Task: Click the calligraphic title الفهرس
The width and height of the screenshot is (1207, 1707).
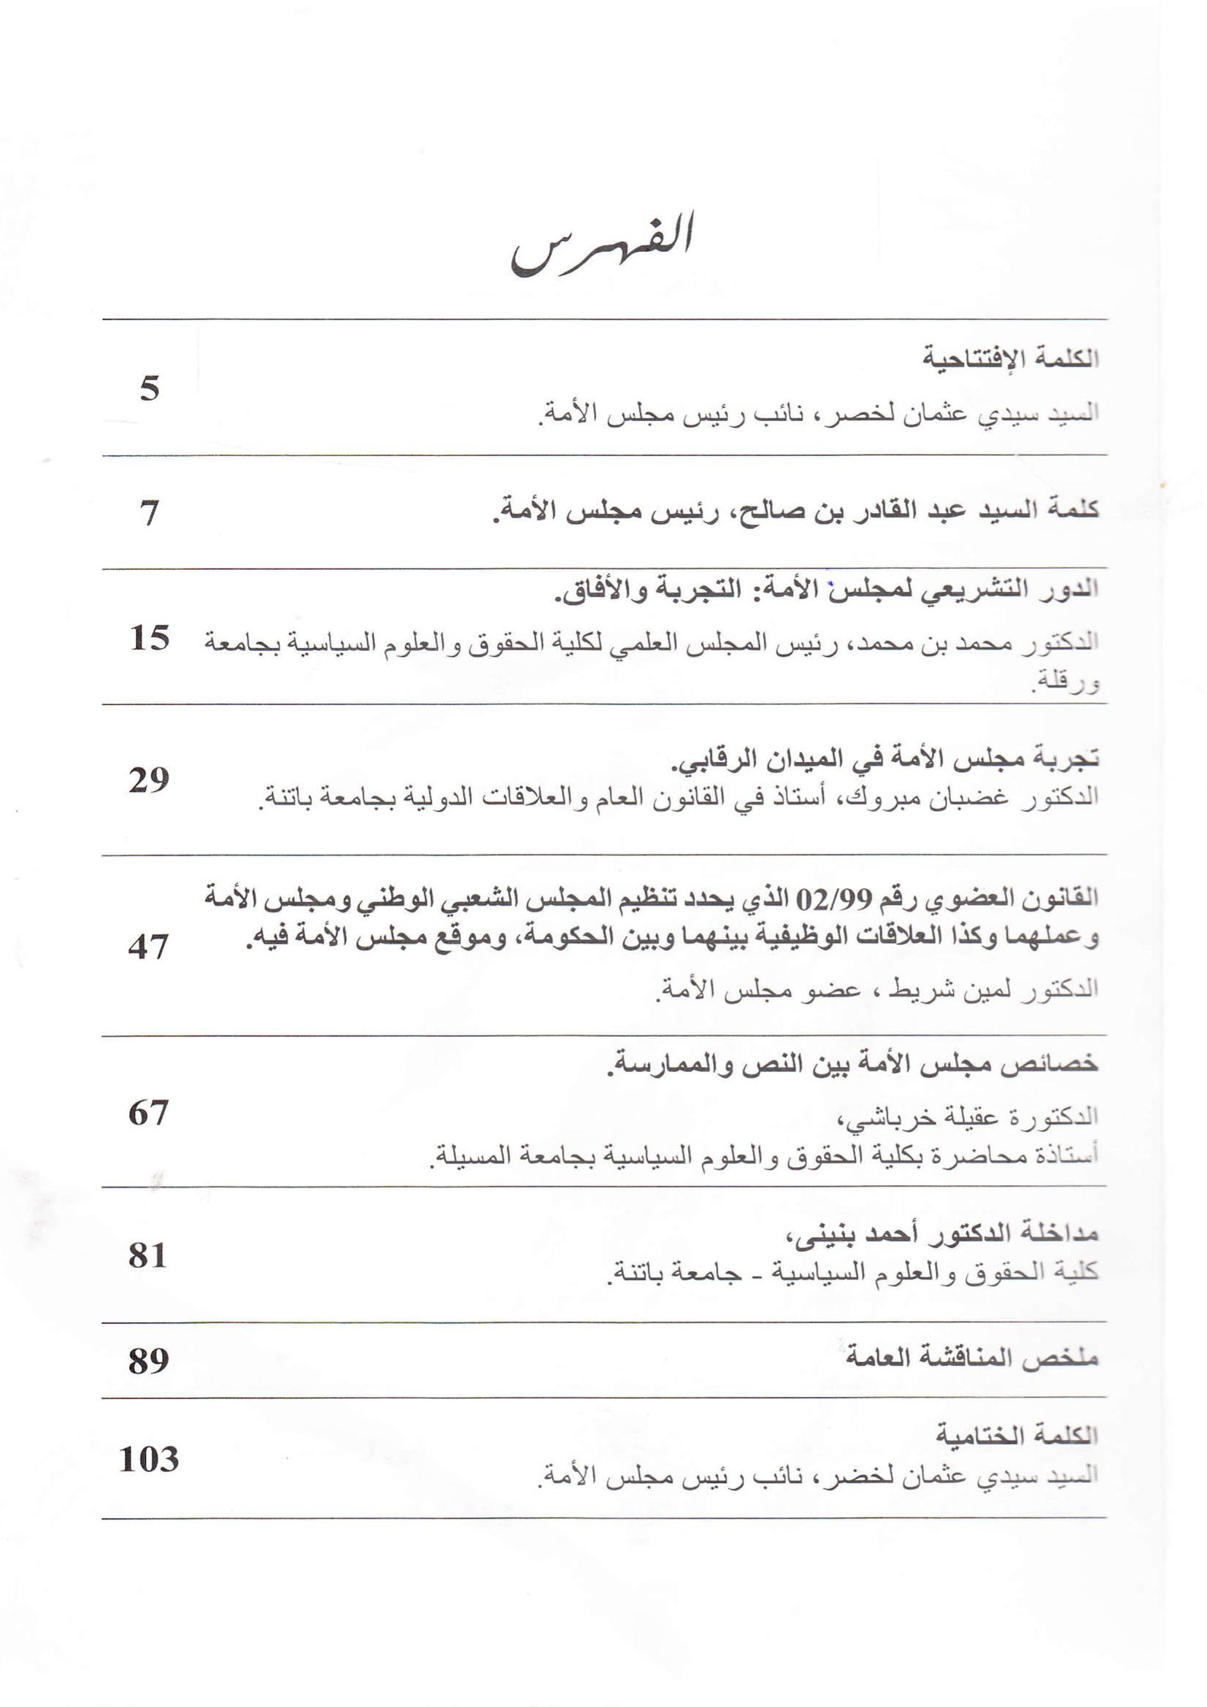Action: pyautogui.click(x=602, y=245)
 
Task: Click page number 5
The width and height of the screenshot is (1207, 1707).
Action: pyautogui.click(x=150, y=389)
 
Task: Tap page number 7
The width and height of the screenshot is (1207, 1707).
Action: pyautogui.click(x=150, y=514)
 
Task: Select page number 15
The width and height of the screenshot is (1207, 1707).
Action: pyautogui.click(x=150, y=638)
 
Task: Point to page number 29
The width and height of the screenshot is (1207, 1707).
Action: pyautogui.click(x=150, y=780)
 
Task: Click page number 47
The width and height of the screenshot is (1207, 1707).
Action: pyautogui.click(x=149, y=947)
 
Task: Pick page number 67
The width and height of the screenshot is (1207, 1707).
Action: pyautogui.click(x=149, y=1112)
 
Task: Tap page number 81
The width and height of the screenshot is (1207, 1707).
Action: pyautogui.click(x=148, y=1255)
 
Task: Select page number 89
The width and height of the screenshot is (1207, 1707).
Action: pyautogui.click(x=149, y=1360)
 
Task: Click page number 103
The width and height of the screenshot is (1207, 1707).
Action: pyautogui.click(x=150, y=1460)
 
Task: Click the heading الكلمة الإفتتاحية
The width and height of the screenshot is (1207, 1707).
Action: pyautogui.click(x=1011, y=358)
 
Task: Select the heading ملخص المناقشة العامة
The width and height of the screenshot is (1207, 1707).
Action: pyautogui.click(x=971, y=1358)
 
